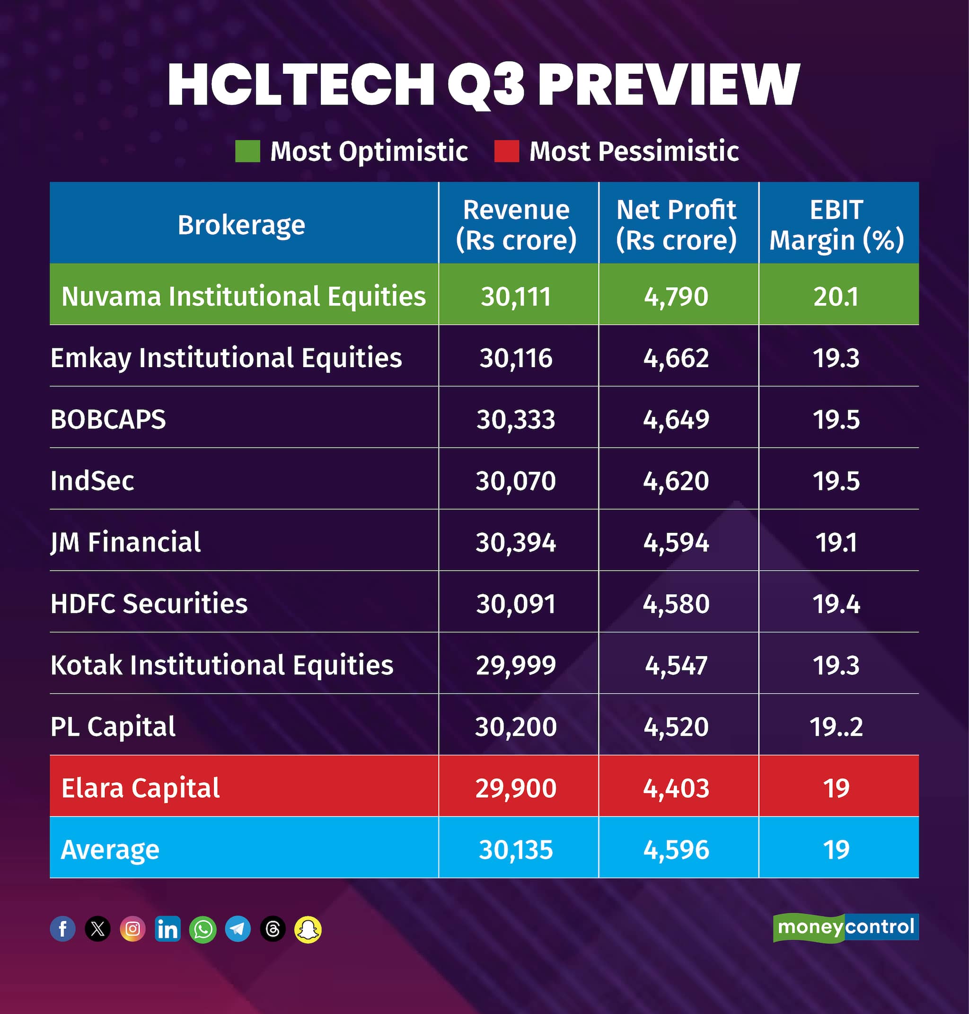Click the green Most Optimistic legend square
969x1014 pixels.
pos(247,151)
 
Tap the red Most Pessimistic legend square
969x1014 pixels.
pos(506,151)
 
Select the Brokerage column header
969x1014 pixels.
pos(241,225)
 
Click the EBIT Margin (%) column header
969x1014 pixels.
pos(836,225)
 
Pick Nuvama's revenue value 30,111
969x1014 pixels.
pos(516,297)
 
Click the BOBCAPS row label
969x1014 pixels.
pos(108,419)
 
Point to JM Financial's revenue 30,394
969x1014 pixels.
pos(516,542)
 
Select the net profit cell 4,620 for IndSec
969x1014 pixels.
pos(676,481)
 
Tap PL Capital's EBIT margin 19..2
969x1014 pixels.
pos(836,727)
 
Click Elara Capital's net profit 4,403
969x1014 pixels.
pos(676,788)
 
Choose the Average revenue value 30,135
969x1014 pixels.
pos(516,850)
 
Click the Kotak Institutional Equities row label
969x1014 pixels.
pos(221,665)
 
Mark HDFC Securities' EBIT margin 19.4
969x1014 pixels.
pos(836,604)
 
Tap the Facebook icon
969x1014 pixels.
pos(62,929)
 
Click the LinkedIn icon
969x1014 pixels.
pos(167,929)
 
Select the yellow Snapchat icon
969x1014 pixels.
pos(308,929)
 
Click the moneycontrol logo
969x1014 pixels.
pos(846,928)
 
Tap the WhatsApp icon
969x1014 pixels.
pos(203,929)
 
